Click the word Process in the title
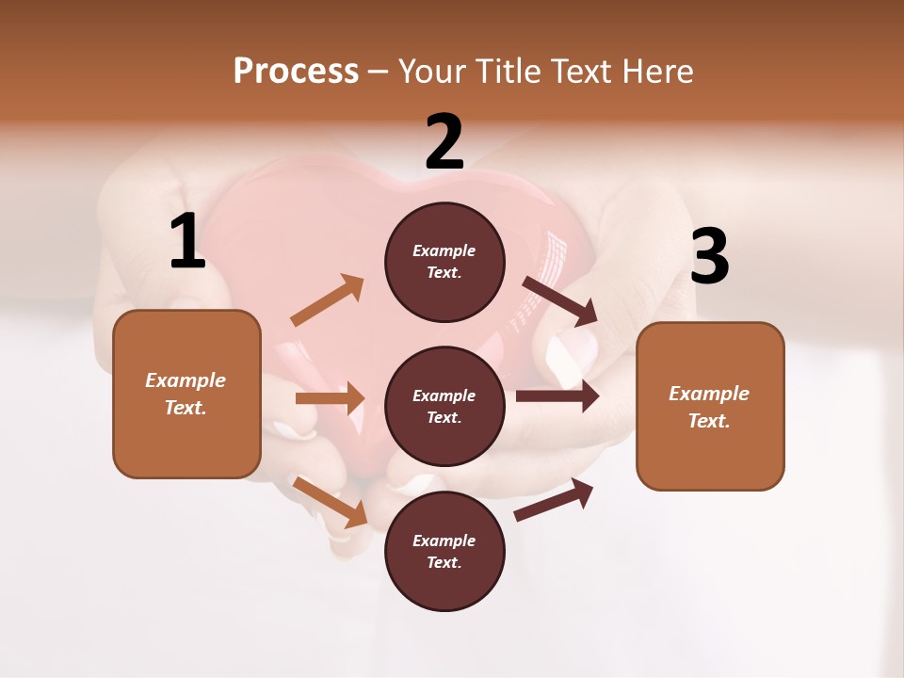click(x=296, y=72)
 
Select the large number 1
click(x=187, y=242)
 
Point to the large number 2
click(x=444, y=142)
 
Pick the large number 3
click(x=709, y=256)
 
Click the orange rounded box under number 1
click(x=186, y=394)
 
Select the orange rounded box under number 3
click(x=710, y=406)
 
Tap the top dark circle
click(x=444, y=262)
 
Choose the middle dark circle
click(x=444, y=406)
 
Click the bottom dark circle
click(x=444, y=551)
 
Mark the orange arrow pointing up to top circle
click(x=328, y=300)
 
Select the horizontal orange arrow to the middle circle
click(x=330, y=398)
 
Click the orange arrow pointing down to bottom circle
click(x=331, y=502)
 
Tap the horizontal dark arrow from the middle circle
click(x=557, y=396)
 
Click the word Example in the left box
click(x=186, y=380)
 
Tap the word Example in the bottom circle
click(x=444, y=541)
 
